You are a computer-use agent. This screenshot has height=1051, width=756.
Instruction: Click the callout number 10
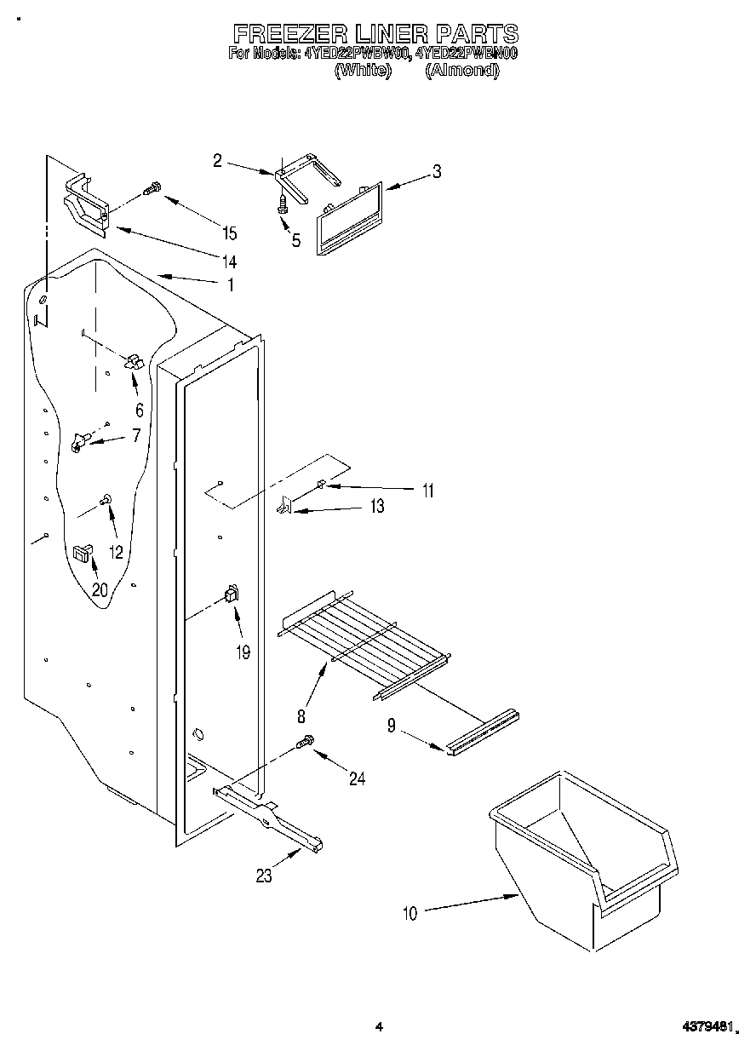tap(410, 914)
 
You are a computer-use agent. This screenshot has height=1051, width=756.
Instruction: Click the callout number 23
tap(265, 876)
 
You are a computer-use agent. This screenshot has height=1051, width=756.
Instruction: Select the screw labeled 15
tap(152, 189)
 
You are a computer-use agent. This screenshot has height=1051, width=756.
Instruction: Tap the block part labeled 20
tap(82, 554)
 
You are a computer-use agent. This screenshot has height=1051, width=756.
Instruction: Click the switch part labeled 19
tap(231, 594)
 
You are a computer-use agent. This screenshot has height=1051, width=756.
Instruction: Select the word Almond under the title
tap(461, 72)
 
